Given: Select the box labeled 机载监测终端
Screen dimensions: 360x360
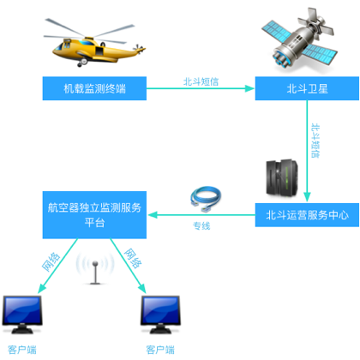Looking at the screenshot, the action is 94,88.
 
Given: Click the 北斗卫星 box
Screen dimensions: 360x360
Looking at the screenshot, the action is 307,88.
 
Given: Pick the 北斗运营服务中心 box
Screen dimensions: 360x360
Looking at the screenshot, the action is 307,215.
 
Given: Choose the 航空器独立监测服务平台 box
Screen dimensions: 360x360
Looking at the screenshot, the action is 94,215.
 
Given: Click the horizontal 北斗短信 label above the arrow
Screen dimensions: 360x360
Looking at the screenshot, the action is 201,81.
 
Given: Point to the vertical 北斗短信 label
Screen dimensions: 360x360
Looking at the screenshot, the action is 315,141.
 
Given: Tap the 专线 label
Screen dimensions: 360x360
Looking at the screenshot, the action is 201,226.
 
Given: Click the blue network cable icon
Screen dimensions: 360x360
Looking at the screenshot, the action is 206,199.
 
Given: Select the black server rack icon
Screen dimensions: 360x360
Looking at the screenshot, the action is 282,177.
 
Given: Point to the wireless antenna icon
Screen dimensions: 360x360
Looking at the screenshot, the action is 95,269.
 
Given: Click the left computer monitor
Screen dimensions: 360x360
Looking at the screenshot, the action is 22,315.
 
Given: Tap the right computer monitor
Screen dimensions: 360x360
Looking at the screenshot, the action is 160,315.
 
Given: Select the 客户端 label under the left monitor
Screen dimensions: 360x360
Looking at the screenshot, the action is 22,350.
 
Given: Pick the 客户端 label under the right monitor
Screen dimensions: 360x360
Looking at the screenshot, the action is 160,350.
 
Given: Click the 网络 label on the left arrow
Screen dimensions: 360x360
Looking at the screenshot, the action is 51,261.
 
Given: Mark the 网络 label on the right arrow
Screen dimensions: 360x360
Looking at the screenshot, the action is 133,258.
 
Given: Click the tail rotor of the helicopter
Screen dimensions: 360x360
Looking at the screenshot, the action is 139,49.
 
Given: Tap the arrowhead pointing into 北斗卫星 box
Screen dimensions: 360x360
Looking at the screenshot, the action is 250,88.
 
